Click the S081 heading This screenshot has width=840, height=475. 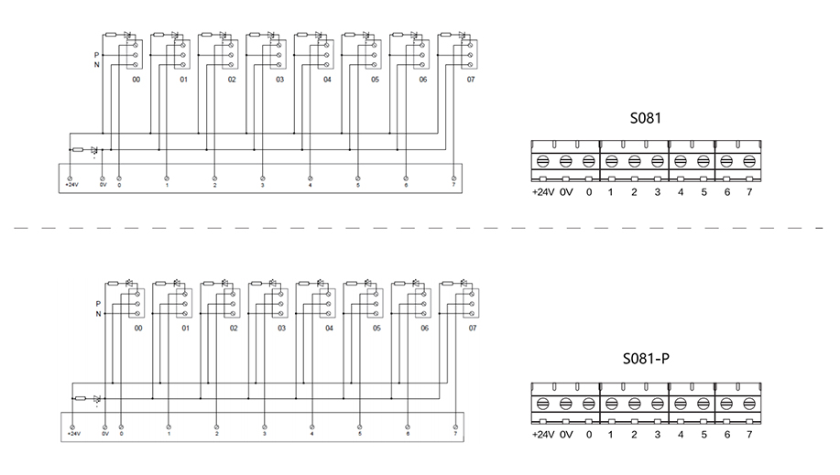point(645,118)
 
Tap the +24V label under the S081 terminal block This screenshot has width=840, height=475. point(543,193)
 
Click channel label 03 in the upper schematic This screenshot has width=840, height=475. point(279,81)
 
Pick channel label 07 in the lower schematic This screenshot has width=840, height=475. point(473,327)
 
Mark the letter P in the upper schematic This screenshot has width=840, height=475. point(96,55)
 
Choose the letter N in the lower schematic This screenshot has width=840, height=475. point(97,313)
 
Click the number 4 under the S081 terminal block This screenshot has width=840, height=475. point(681,193)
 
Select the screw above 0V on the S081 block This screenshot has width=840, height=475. point(565,162)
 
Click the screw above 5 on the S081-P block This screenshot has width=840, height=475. point(704,404)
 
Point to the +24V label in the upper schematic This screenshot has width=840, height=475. point(71,185)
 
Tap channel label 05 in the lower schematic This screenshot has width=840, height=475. point(376,327)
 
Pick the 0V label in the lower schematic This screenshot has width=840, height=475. point(104,433)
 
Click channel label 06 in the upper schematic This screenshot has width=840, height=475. point(423,81)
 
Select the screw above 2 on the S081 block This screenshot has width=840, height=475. point(634,162)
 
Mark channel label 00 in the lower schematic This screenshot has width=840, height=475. point(138,327)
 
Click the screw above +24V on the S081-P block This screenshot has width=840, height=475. point(542,404)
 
